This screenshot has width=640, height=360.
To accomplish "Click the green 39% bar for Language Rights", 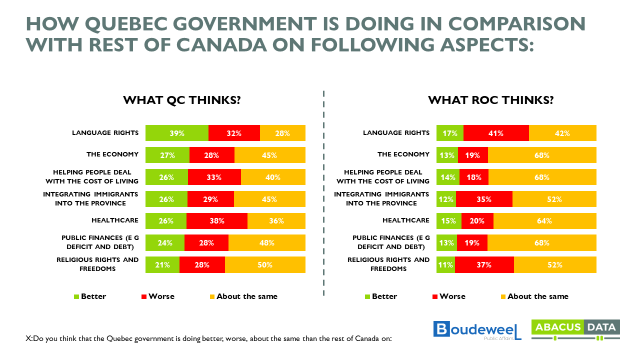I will [x=176, y=133].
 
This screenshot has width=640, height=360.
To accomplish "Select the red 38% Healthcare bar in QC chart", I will [x=216, y=221].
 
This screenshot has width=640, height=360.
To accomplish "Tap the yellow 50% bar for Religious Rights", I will [x=265, y=265].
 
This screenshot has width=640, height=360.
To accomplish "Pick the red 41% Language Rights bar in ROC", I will [x=496, y=133].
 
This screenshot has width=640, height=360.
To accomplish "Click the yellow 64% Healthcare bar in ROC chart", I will [x=545, y=221].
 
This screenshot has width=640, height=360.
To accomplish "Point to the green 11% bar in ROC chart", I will [x=445, y=265].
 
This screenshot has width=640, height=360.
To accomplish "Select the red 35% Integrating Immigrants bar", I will [x=483, y=199].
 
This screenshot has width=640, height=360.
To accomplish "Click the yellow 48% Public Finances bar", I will [x=266, y=243].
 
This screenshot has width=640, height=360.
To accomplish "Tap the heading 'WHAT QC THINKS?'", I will [x=182, y=100].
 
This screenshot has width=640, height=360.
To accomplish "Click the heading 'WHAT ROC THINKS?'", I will [x=490, y=100].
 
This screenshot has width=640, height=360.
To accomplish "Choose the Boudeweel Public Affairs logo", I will [x=477, y=330].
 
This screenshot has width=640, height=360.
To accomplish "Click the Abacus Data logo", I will [x=575, y=330].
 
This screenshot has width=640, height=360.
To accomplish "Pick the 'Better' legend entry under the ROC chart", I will [x=380, y=296].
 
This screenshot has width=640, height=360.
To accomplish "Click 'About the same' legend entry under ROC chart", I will [x=533, y=296].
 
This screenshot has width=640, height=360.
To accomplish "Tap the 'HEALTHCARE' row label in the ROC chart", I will [x=405, y=220].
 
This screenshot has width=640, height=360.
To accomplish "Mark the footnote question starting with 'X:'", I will [x=208, y=338].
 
